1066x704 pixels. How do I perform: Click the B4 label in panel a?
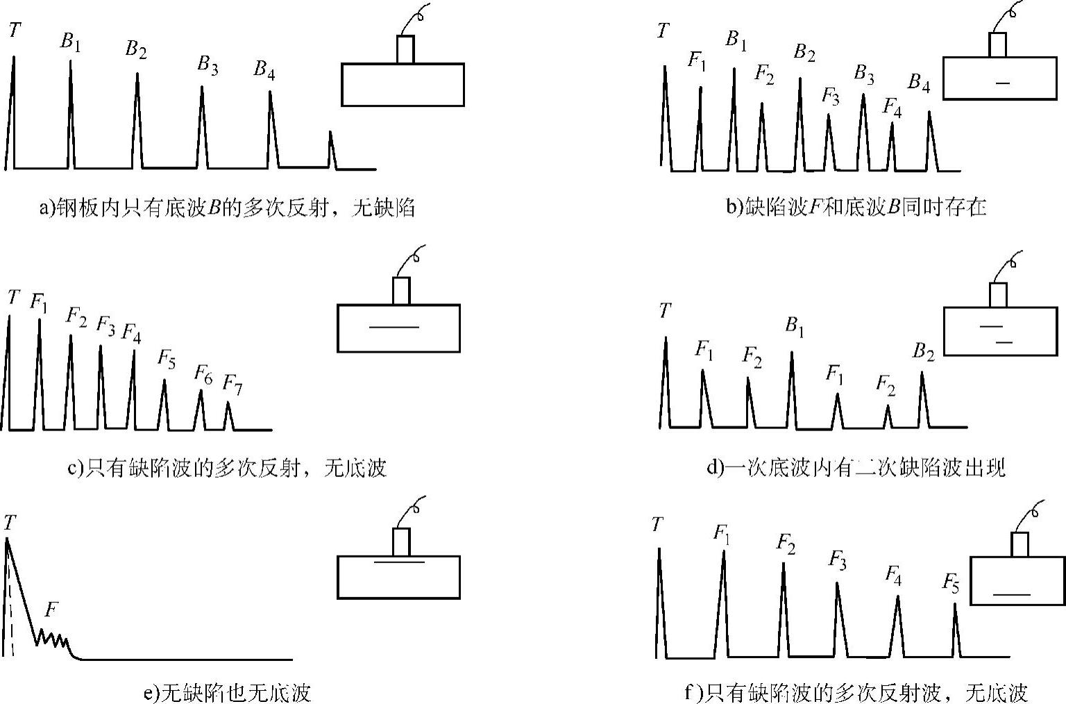[264, 69]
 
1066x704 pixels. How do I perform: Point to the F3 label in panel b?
[831, 97]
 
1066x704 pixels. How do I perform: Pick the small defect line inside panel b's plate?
[1001, 83]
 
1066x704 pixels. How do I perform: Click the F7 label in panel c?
[232, 384]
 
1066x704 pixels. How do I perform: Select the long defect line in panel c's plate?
[394, 327]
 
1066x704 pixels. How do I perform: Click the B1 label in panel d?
[795, 326]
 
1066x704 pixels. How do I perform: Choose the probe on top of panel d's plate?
[998, 295]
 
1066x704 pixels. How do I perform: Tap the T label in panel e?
[10, 523]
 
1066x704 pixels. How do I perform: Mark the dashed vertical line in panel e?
[12, 604]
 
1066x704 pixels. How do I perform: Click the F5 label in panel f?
[951, 583]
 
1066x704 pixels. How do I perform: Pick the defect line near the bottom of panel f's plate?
[1012, 594]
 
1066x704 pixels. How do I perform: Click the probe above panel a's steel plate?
[405, 49]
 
